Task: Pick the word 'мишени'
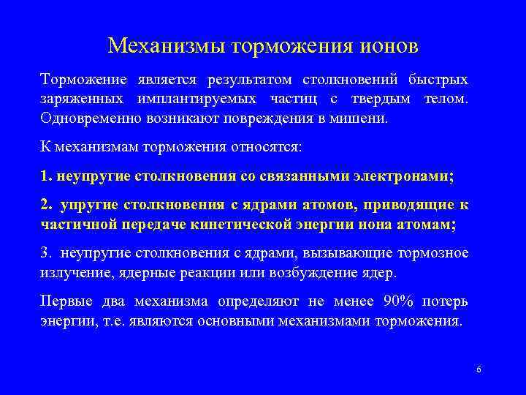tap(384, 117)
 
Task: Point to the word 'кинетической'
tap(241, 225)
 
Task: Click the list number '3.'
tap(47, 254)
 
